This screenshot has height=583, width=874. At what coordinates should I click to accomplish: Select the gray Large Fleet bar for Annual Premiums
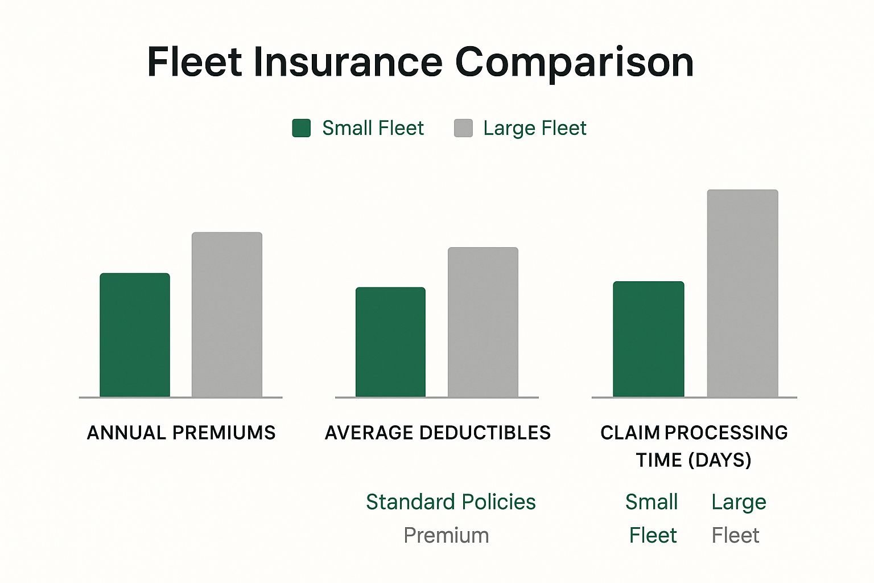(227, 314)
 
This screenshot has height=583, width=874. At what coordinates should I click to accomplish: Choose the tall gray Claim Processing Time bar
(743, 293)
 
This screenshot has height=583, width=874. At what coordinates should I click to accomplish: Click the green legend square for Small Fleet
(302, 128)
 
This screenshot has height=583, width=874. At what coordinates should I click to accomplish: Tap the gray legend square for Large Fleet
(463, 128)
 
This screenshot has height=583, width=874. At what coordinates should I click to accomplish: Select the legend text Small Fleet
(373, 128)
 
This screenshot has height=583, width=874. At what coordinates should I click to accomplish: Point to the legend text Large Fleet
(534, 128)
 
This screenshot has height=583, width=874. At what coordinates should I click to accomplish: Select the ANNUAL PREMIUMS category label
(181, 433)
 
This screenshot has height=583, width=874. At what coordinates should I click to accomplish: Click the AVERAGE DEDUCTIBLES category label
(438, 433)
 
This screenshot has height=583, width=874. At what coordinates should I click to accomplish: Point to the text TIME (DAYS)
(694, 460)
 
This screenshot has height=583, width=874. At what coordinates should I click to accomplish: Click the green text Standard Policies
(451, 502)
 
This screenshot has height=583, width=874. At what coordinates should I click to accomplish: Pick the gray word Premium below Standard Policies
(446, 535)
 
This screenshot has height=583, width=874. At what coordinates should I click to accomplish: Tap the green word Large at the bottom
(739, 502)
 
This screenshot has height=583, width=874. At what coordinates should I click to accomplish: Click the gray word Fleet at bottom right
(735, 535)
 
